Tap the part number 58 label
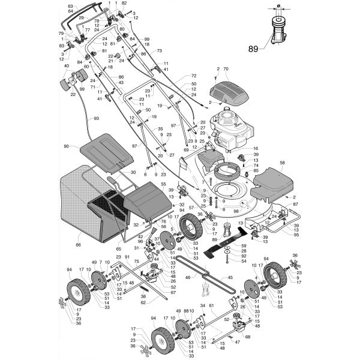pyautogui.click(x=283, y=163)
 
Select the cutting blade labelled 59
pyautogui.click(x=215, y=245)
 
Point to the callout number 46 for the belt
pyautogui.click(x=188, y=277)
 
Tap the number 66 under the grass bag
pyautogui.click(x=77, y=244)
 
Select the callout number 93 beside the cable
pyautogui.click(x=96, y=119)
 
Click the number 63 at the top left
pyautogui.click(x=70, y=5)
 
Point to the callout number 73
pyautogui.click(x=160, y=51)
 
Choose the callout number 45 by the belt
pyautogui.click(x=229, y=278)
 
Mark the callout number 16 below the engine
pyautogui.click(x=254, y=149)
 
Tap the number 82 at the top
pyautogui.click(x=124, y=4)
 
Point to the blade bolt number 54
pyautogui.click(x=243, y=261)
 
